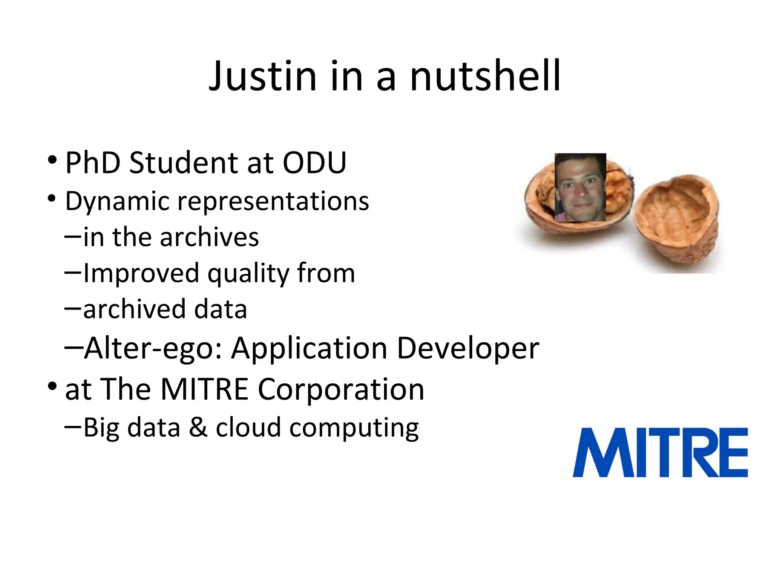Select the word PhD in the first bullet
93,163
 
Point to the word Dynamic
117,202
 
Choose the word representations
273,202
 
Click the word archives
209,237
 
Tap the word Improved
141,273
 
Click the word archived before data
133,309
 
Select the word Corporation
341,389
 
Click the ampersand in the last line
198,427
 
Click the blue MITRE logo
660,452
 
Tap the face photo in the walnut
580,187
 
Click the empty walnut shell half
677,219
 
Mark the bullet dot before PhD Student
52,160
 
